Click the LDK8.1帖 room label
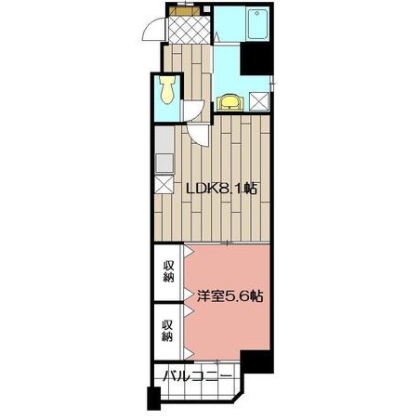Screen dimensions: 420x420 221,188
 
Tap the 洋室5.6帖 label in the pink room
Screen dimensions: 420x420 230,296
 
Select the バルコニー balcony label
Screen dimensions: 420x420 198,376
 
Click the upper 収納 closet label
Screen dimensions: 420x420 168,271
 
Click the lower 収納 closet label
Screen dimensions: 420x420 167,331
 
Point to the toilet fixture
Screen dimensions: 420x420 167,89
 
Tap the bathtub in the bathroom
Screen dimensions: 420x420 257,24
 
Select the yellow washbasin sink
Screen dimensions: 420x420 230,102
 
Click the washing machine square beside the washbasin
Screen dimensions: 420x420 259,101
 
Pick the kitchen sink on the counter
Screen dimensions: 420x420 164,164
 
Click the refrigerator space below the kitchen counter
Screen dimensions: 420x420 164,185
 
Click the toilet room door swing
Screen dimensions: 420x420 193,111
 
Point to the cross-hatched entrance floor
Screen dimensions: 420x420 189,30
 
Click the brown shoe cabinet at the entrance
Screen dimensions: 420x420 185,11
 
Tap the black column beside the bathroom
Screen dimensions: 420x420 256,59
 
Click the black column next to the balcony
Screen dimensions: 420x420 256,361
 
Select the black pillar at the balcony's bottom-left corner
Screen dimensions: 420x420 153,399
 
